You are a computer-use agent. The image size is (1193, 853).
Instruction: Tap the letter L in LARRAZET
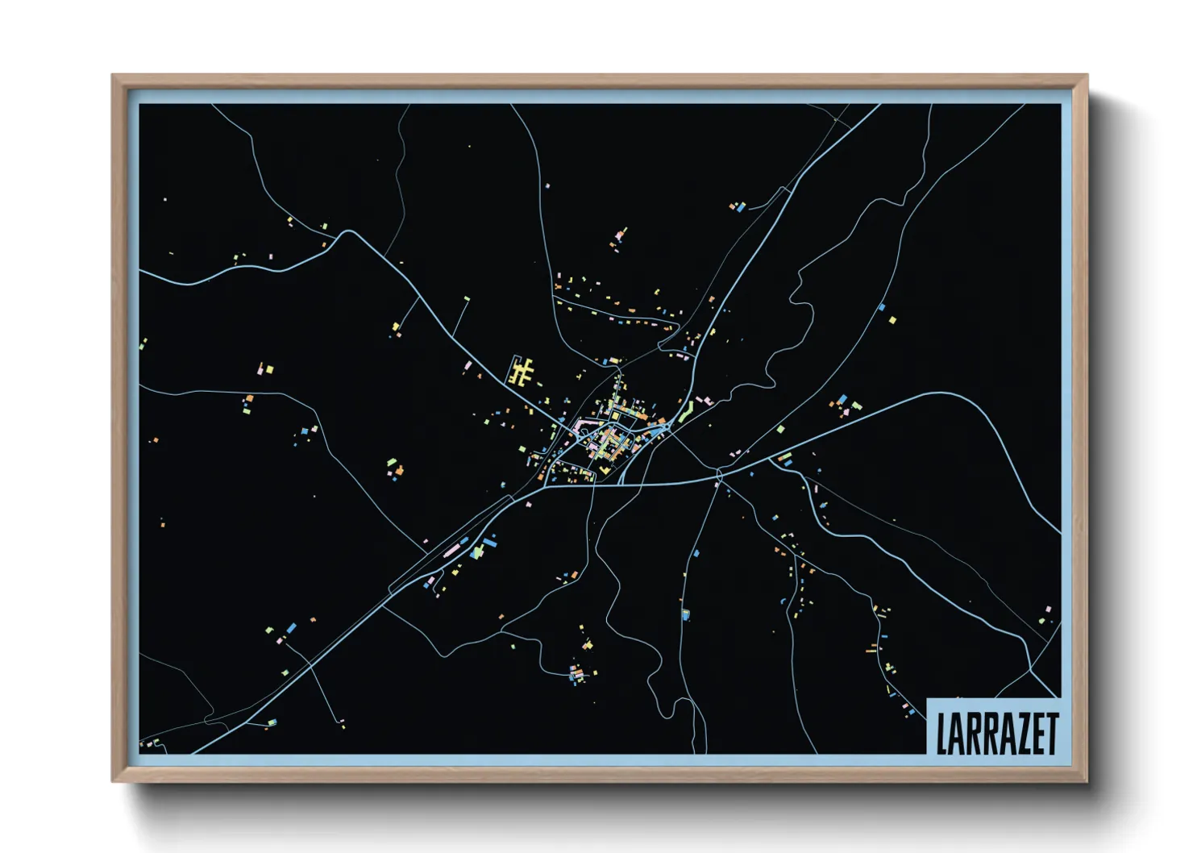tap(942, 734)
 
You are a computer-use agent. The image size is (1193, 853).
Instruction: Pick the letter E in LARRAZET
tap(1034, 734)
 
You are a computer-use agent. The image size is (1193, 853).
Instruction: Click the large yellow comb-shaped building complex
tap(522, 372)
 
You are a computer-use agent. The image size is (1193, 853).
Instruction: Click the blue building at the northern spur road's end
tap(740, 207)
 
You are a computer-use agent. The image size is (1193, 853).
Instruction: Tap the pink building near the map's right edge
tap(1047, 610)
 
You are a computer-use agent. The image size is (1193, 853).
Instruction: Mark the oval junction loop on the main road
tap(720, 473)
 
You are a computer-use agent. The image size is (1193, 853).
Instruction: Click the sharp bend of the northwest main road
tap(349, 232)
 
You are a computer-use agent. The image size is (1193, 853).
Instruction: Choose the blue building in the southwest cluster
tap(290, 626)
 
